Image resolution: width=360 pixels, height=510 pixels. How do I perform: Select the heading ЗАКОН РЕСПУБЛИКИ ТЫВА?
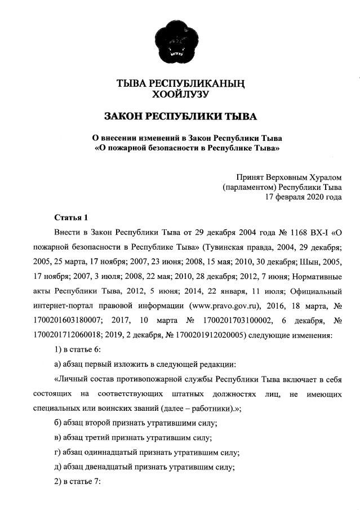(x=180, y=117)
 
